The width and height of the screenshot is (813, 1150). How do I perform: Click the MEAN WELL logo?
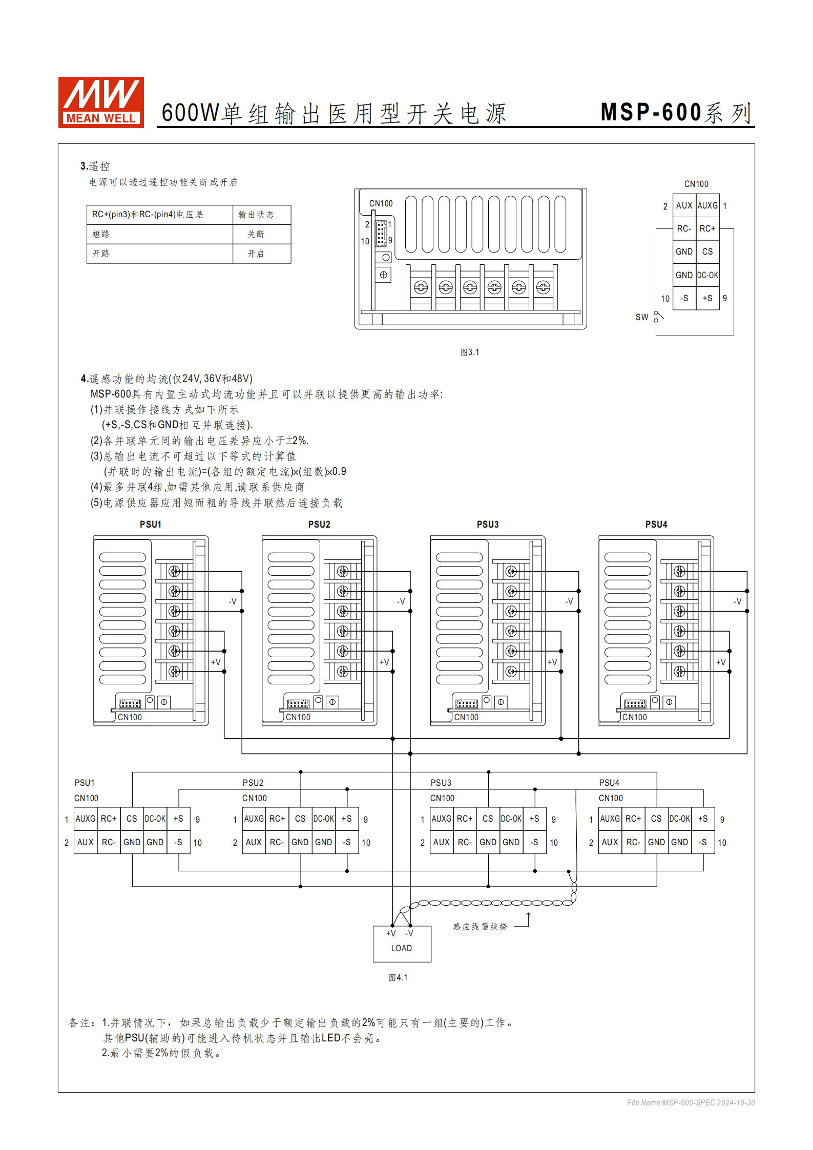pyautogui.click(x=101, y=102)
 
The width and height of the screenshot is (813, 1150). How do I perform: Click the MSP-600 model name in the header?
pyautogui.click(x=651, y=112)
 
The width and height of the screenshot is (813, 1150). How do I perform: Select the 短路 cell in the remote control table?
pyautogui.click(x=101, y=234)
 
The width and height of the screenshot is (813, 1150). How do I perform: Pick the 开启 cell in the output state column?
pyautogui.click(x=256, y=254)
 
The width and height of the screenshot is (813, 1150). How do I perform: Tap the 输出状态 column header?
pyautogui.click(x=256, y=215)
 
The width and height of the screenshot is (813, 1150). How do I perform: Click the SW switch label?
pyautogui.click(x=641, y=317)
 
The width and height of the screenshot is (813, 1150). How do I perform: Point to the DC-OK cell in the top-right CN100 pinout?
pyautogui.click(x=707, y=275)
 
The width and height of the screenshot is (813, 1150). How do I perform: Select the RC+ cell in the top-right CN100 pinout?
pyautogui.click(x=707, y=228)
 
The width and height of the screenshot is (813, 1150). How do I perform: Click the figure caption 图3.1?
pyautogui.click(x=470, y=352)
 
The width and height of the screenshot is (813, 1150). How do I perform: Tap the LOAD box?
pyautogui.click(x=402, y=944)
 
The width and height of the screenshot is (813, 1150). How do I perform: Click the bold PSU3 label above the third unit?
pyautogui.click(x=487, y=524)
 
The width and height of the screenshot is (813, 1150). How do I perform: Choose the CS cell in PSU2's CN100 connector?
pyautogui.click(x=300, y=819)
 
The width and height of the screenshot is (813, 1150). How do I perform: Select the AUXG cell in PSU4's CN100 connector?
pyautogui.click(x=610, y=819)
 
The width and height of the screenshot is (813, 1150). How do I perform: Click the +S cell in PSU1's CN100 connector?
pyautogui.click(x=178, y=819)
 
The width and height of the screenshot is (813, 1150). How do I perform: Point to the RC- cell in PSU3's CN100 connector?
pyautogui.click(x=465, y=842)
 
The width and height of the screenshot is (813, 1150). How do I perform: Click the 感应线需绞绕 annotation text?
pyautogui.click(x=480, y=926)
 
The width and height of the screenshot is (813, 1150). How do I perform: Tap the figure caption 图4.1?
pyautogui.click(x=398, y=977)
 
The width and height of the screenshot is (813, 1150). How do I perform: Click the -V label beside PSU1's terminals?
pyautogui.click(x=233, y=601)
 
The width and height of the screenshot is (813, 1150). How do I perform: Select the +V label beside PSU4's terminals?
pyautogui.click(x=721, y=662)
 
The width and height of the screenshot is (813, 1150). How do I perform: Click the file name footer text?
pyautogui.click(x=691, y=1102)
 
